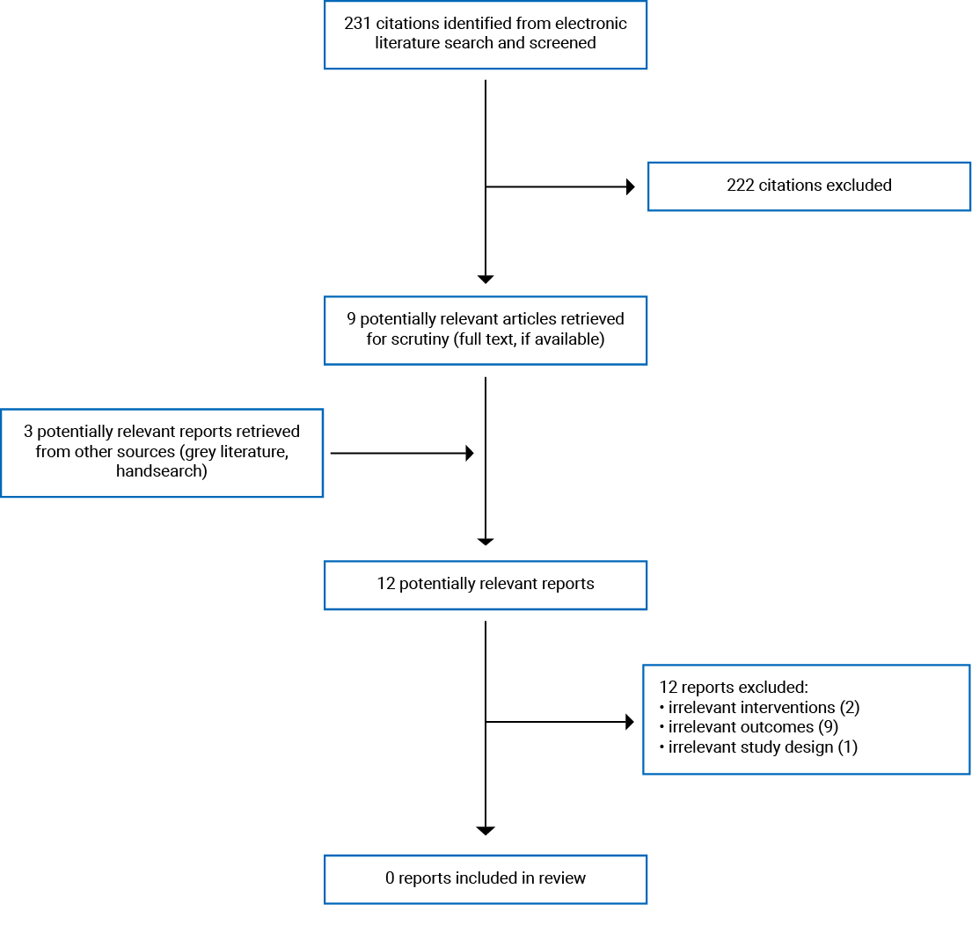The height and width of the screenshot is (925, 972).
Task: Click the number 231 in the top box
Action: click(x=358, y=24)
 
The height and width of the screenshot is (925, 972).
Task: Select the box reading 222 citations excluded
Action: click(x=808, y=186)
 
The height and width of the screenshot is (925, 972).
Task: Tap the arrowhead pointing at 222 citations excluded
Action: click(x=630, y=186)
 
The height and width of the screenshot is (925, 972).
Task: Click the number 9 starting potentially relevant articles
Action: click(x=351, y=320)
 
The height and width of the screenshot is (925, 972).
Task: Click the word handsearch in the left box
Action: click(x=161, y=472)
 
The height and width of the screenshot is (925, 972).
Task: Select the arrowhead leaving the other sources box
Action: click(x=470, y=453)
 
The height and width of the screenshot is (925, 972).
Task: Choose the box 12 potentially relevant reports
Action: click(x=485, y=585)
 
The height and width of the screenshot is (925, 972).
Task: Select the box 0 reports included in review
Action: click(x=485, y=878)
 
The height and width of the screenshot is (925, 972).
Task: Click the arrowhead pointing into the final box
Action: click(x=486, y=831)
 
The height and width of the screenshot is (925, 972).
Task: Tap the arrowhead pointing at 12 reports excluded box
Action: click(x=630, y=722)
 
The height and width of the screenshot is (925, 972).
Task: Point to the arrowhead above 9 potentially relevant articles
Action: click(x=486, y=280)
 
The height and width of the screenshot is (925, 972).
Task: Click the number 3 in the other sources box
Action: click(x=29, y=432)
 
